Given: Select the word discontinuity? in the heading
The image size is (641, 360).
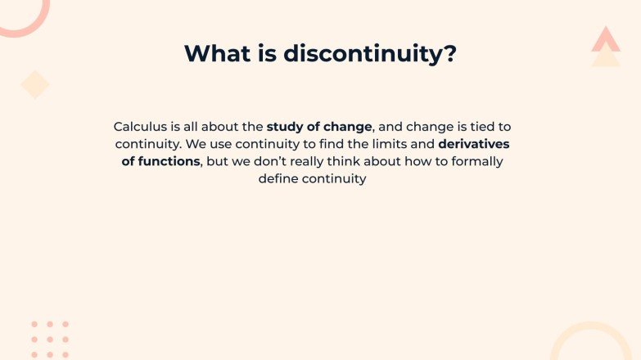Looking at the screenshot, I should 370,53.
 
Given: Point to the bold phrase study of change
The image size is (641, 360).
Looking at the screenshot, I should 319,127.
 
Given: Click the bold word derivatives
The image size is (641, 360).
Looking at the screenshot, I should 474,144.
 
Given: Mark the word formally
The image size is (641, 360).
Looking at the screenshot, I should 476,161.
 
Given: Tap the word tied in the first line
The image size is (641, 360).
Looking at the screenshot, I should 482,127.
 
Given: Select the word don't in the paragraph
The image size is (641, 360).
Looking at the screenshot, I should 272,161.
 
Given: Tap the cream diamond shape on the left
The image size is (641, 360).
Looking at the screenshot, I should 35,84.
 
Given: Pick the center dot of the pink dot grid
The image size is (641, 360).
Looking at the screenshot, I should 50,340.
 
